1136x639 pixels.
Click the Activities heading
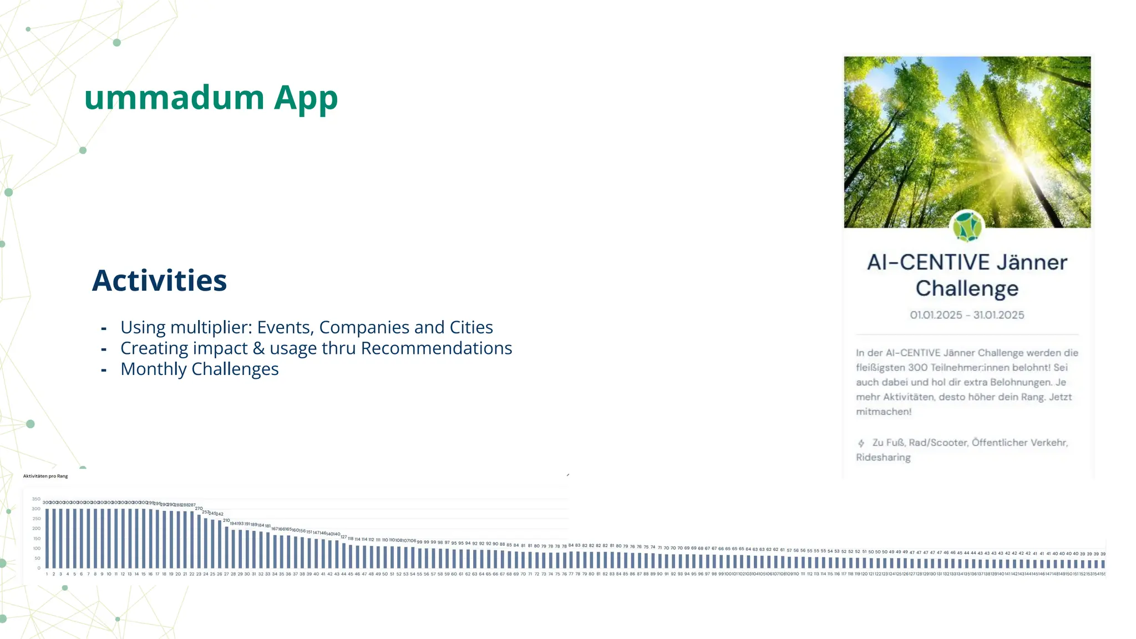tap(159, 281)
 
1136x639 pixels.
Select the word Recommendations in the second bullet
tap(436, 348)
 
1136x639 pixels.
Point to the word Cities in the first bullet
tap(471, 328)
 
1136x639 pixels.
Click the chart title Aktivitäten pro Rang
tap(45, 476)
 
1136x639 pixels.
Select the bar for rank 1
tap(47, 538)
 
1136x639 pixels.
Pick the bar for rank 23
tap(199, 541)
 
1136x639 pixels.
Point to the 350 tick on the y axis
tap(36, 499)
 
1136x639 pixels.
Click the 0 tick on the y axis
tap(39, 568)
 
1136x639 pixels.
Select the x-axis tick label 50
tap(385, 574)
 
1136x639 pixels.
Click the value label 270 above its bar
tap(199, 508)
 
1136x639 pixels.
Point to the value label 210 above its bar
tap(226, 520)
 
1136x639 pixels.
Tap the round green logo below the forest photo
tap(967, 226)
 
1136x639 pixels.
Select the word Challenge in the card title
tap(967, 288)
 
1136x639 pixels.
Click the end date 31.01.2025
tap(998, 315)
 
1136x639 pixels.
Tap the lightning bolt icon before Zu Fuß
tap(861, 443)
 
